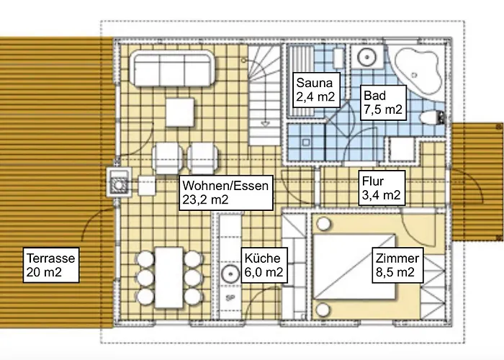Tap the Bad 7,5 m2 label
(383, 103)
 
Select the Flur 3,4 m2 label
(382, 188)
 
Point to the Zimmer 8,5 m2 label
(397, 265)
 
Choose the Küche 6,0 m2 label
(264, 265)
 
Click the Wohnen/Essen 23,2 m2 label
(225, 193)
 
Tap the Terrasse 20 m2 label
(51, 265)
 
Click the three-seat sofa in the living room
(172, 68)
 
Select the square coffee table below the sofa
(180, 112)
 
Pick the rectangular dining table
(169, 277)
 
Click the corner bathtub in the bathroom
(417, 72)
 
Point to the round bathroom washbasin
(366, 57)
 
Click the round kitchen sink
(230, 273)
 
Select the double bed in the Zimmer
(354, 267)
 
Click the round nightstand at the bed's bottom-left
(323, 310)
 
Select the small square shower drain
(305, 142)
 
